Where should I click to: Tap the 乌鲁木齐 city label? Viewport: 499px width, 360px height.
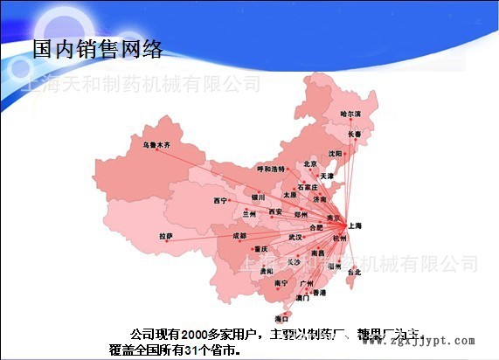point(158,140)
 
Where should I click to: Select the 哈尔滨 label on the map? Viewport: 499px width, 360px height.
point(350,114)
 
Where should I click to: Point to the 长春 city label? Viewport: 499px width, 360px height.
point(354,134)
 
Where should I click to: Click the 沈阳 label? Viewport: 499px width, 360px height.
point(335,153)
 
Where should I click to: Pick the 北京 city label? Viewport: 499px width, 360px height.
point(310,163)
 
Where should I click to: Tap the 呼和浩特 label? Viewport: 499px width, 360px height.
point(270,168)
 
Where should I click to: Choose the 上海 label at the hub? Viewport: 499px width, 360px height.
point(354,225)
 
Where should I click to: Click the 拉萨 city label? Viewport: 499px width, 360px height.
point(166,236)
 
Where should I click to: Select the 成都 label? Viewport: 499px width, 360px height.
point(239,236)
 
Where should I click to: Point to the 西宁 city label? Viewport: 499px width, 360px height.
point(219,201)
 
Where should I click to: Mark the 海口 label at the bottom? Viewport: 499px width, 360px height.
point(281,319)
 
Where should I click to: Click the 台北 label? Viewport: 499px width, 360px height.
point(353,272)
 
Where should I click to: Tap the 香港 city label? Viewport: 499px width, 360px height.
point(319,293)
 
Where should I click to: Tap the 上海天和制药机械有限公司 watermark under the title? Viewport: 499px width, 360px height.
point(140,84)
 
